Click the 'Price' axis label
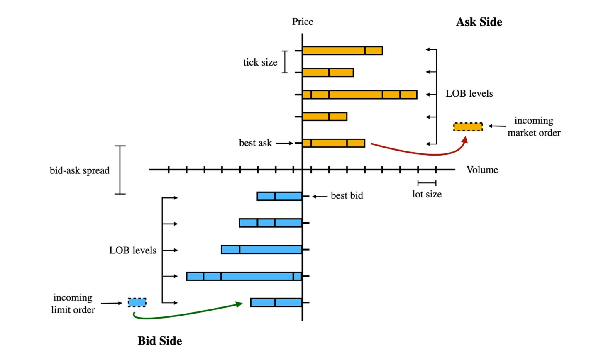coord(302,22)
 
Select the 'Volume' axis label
coord(482,170)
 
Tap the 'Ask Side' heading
coord(479,22)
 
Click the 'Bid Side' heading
coord(160,341)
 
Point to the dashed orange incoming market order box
coord(468,127)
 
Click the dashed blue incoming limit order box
coord(137,302)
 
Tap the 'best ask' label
coord(255,143)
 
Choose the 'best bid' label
coord(347,196)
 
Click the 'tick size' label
coord(260,62)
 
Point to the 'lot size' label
coord(427,194)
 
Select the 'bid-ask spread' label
coord(80,170)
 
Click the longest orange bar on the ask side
coord(359,95)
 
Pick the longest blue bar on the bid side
coord(244,276)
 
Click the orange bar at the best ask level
coord(333,143)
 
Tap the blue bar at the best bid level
coord(279,196)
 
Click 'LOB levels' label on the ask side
coord(469,94)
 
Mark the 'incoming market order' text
coord(534,126)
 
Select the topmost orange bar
coord(342,51)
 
